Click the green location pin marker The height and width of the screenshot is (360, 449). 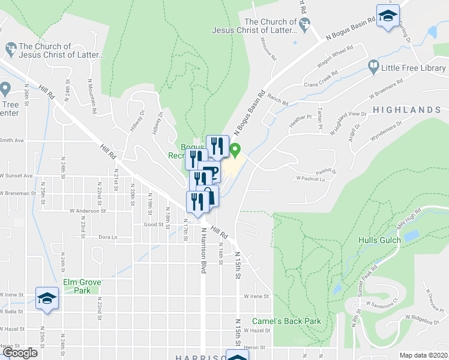point(235,151)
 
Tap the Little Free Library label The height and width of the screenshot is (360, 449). point(413,68)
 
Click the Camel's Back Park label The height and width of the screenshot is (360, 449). point(286,321)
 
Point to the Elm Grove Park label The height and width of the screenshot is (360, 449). point(82,286)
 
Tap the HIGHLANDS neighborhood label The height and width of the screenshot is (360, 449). point(406,110)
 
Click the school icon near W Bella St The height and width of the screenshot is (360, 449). point(46,299)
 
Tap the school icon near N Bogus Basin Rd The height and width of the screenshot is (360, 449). point(388,16)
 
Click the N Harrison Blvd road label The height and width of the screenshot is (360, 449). point(204,251)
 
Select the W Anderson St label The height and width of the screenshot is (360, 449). point(88,211)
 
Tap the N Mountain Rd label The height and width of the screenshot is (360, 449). point(94,99)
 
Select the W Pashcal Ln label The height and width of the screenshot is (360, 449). point(310,179)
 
